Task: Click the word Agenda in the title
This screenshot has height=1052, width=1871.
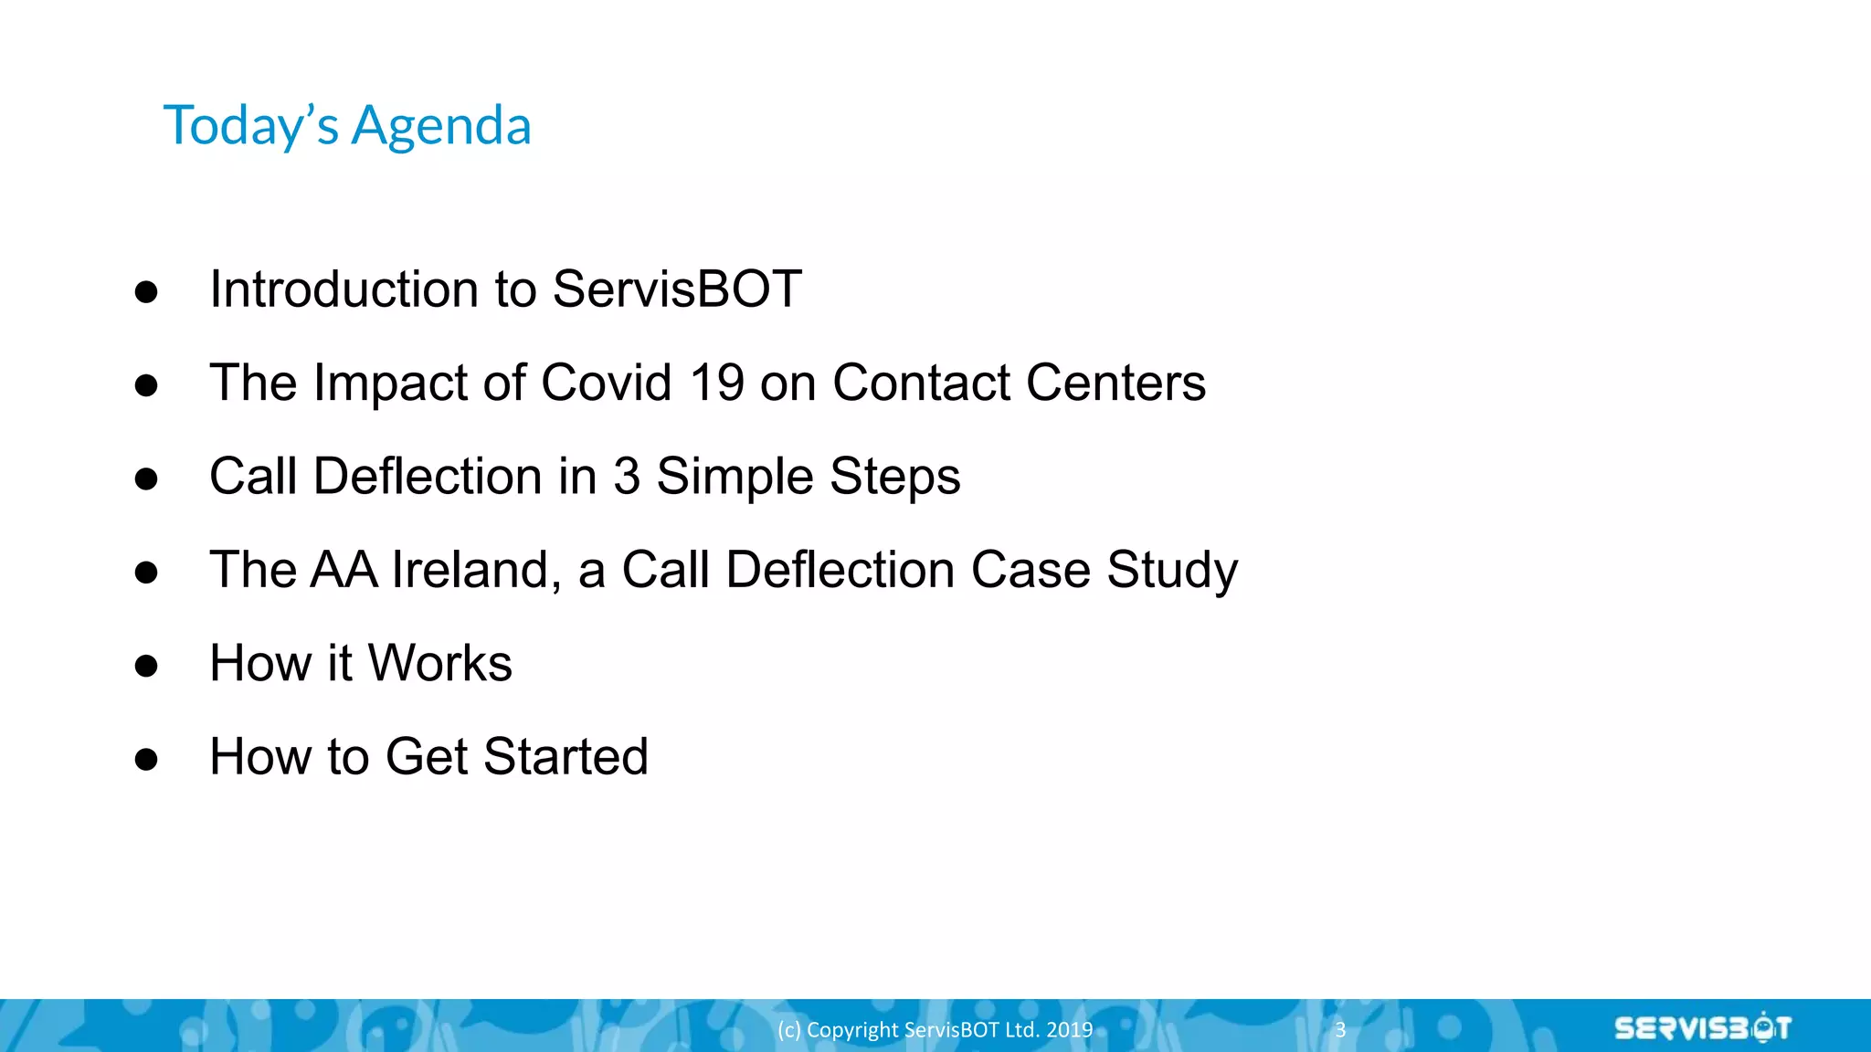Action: pyautogui.click(x=441, y=126)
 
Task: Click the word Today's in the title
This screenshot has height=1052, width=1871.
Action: pyautogui.click(x=251, y=126)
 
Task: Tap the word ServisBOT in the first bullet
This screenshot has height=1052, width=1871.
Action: pyautogui.click(x=677, y=289)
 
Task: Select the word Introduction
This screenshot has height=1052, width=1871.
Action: pyautogui.click(x=344, y=289)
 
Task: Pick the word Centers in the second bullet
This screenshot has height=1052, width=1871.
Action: pyautogui.click(x=1115, y=383)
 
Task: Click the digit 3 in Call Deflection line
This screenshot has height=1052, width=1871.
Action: pyautogui.click(x=627, y=477)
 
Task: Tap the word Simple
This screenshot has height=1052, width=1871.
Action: pyautogui.click(x=735, y=477)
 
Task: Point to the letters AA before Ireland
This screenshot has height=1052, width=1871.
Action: pyautogui.click(x=344, y=570)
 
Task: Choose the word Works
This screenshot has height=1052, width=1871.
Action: pyautogui.click(x=439, y=663)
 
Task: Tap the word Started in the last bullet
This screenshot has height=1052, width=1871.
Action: pyautogui.click(x=566, y=757)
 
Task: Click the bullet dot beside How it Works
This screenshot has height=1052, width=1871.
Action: pyautogui.click(x=146, y=666)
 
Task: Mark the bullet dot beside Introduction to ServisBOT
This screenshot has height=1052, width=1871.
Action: pyautogui.click(x=146, y=292)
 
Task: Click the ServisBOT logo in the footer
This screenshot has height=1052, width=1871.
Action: pyautogui.click(x=1702, y=1028)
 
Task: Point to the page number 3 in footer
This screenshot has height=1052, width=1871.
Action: pyautogui.click(x=1340, y=1029)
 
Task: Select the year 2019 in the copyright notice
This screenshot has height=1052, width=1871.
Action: pyautogui.click(x=1070, y=1029)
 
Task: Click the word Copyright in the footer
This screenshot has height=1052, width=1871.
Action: pyautogui.click(x=852, y=1029)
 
